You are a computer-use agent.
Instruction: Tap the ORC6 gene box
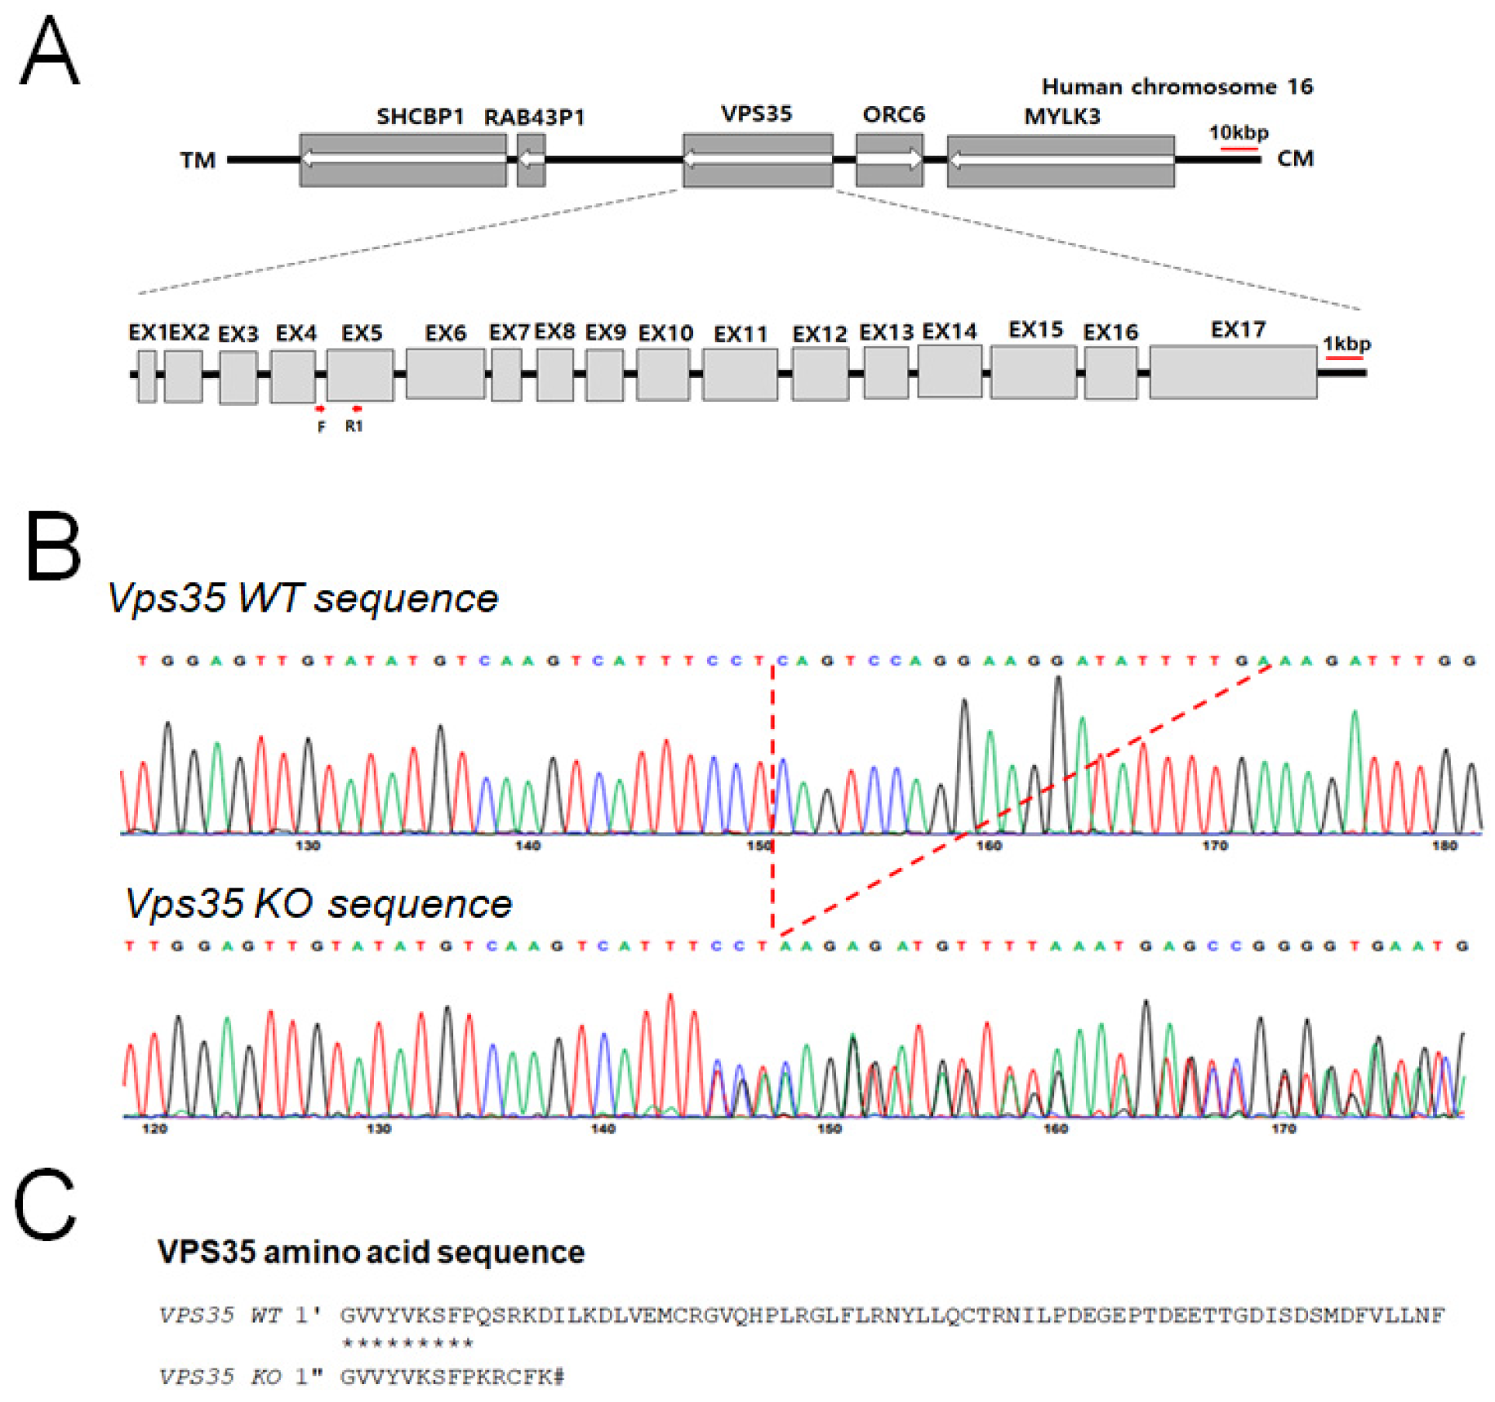[888, 160]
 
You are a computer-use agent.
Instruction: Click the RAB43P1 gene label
[534, 118]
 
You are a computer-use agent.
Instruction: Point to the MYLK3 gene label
[1061, 117]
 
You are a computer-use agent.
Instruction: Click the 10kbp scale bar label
[1238, 132]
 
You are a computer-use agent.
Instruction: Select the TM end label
[198, 160]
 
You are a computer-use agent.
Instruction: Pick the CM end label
[1295, 158]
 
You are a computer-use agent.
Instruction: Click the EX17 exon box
[1232, 372]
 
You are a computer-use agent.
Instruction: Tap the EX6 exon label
[445, 333]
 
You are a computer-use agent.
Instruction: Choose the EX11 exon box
[739, 374]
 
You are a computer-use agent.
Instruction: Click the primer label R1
[354, 426]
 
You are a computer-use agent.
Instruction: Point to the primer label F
[321, 427]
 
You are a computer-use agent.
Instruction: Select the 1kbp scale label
[1346, 344]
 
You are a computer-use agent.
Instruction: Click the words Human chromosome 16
[1177, 87]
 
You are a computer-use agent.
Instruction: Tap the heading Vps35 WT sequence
[302, 599]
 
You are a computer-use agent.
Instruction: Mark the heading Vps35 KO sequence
[318, 904]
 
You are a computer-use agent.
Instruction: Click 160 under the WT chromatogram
[988, 846]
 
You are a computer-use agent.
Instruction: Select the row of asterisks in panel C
[407, 1343]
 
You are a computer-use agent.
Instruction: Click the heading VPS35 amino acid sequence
[371, 1252]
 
